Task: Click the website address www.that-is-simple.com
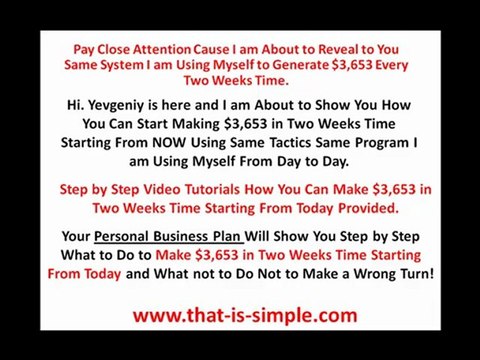[245, 316]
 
